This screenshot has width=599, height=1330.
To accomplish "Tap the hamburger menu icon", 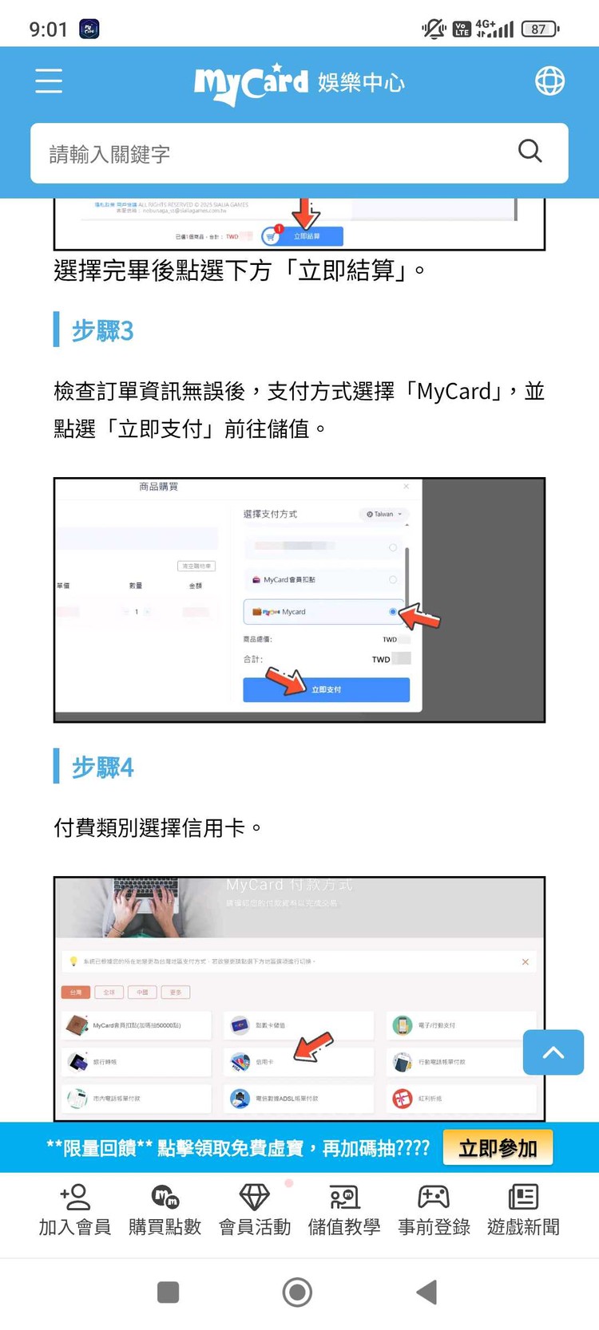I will pos(49,81).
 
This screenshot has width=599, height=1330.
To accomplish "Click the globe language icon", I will pos(549,81).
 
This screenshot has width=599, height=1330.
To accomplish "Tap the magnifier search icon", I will pos(530,151).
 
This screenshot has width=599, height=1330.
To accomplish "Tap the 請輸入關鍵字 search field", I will pos(272,153).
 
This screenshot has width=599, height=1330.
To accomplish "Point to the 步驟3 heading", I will pos(102,330).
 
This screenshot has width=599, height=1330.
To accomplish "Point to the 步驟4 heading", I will pos(102,768).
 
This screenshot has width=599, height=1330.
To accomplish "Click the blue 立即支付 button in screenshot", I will pos(326,689).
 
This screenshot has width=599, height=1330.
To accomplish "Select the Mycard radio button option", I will pos(392,612).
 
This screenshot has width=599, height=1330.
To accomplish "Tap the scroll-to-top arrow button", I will pos(553,1052).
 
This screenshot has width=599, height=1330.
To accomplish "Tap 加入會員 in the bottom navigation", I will pos(75,1210).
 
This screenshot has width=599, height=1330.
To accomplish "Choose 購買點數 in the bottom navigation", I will pos(165,1210).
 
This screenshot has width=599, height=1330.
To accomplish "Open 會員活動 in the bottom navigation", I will pos(255,1210).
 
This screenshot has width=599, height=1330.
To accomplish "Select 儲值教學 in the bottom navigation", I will pos(344,1210).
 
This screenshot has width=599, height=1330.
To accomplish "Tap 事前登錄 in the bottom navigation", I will pos(434,1210).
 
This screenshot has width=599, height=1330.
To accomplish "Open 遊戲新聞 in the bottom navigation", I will pos(523,1210).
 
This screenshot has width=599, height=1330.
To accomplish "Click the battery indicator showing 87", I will pos(540,30).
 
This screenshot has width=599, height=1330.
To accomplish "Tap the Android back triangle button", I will pos(427,1292).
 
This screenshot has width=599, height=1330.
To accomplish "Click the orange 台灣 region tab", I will pos(76,993).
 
